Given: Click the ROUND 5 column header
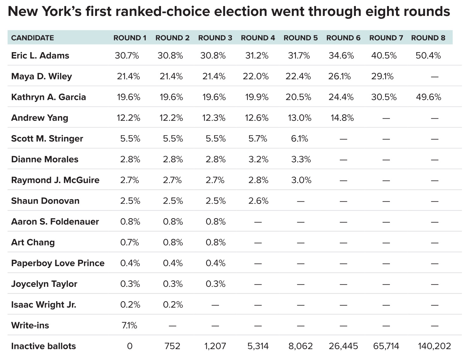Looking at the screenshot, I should click(300, 38).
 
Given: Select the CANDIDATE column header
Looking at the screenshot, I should click(32, 38).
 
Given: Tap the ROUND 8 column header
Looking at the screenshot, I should click(428, 38).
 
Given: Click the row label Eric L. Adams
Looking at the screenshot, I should click(40, 56).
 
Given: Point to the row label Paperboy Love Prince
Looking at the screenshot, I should click(58, 263).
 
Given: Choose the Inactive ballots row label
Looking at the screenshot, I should click(43, 346).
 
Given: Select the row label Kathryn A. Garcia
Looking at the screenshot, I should click(48, 97).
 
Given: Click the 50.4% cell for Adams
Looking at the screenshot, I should click(428, 56).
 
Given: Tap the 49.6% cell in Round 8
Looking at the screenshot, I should click(428, 97).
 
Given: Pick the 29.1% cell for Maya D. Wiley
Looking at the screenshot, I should click(382, 76).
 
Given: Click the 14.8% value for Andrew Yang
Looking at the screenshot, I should click(342, 118).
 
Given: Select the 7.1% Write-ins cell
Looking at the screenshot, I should click(129, 325).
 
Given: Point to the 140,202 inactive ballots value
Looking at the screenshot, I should click(434, 346).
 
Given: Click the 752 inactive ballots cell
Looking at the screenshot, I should click(172, 346).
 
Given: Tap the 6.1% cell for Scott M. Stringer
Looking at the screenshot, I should click(299, 139).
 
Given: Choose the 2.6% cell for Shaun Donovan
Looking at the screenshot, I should click(258, 201).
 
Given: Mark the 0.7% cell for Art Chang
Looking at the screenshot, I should click(130, 242).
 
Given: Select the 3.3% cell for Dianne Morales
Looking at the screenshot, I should click(301, 159).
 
